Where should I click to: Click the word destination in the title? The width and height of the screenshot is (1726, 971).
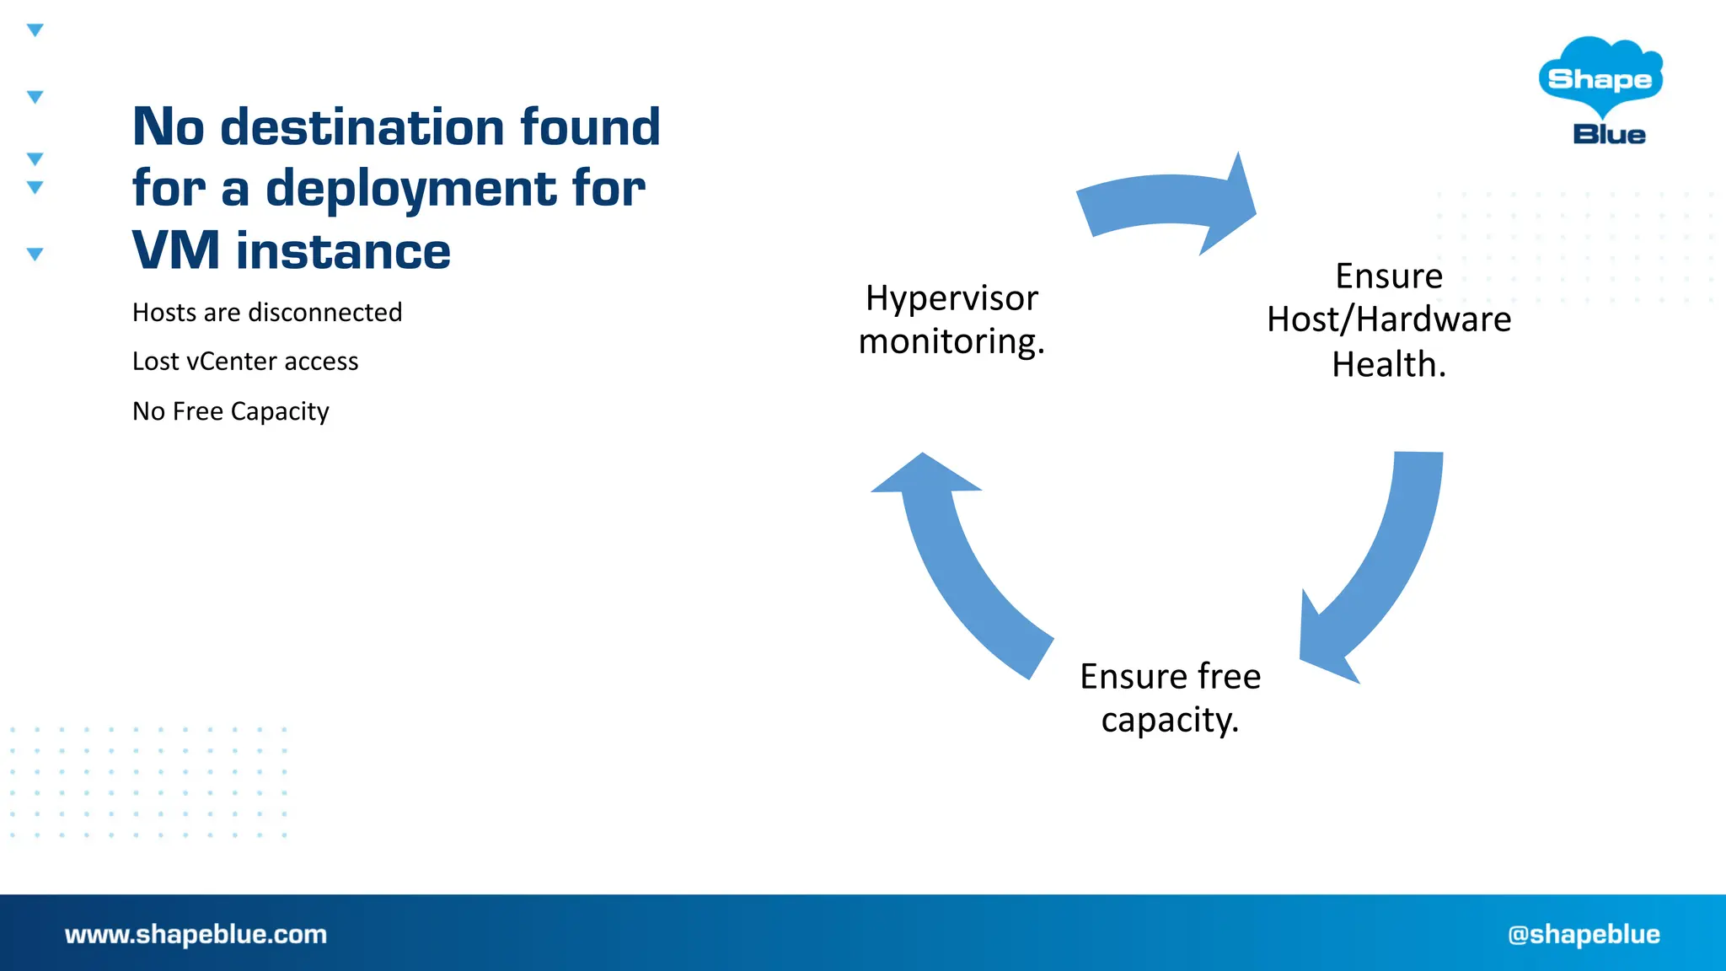(362, 127)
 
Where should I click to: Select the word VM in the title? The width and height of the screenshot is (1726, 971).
(175, 251)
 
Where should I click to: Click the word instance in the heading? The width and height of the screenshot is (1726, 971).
(343, 251)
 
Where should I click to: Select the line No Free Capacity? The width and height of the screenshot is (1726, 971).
(230, 411)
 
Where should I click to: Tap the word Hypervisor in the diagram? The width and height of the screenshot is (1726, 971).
(951, 298)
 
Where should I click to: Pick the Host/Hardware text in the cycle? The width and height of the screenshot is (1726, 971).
(1389, 320)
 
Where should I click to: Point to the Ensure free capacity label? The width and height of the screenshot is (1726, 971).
(1170, 698)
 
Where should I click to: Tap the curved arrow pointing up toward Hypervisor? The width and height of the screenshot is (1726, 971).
(952, 556)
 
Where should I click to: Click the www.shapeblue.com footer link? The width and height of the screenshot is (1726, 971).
(196, 934)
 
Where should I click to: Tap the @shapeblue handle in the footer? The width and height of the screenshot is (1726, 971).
(1584, 934)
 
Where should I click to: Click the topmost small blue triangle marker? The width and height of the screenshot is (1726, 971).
(35, 30)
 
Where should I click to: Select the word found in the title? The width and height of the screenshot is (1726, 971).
(590, 127)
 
